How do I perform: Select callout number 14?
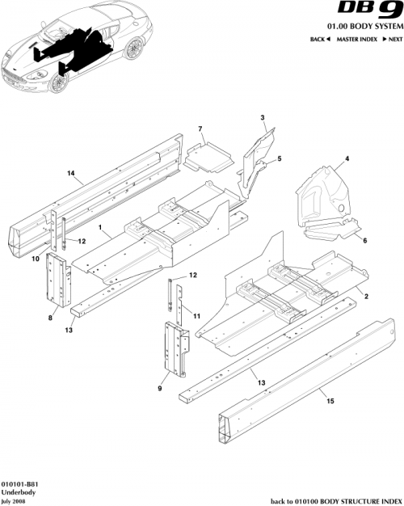tap(70, 174)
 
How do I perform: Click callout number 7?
tap(200, 129)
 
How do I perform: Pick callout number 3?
tap(263, 119)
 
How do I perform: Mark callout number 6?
tap(364, 241)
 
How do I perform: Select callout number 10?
tap(36, 259)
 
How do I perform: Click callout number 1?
tap(99, 230)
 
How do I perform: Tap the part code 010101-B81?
tap(20, 483)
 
